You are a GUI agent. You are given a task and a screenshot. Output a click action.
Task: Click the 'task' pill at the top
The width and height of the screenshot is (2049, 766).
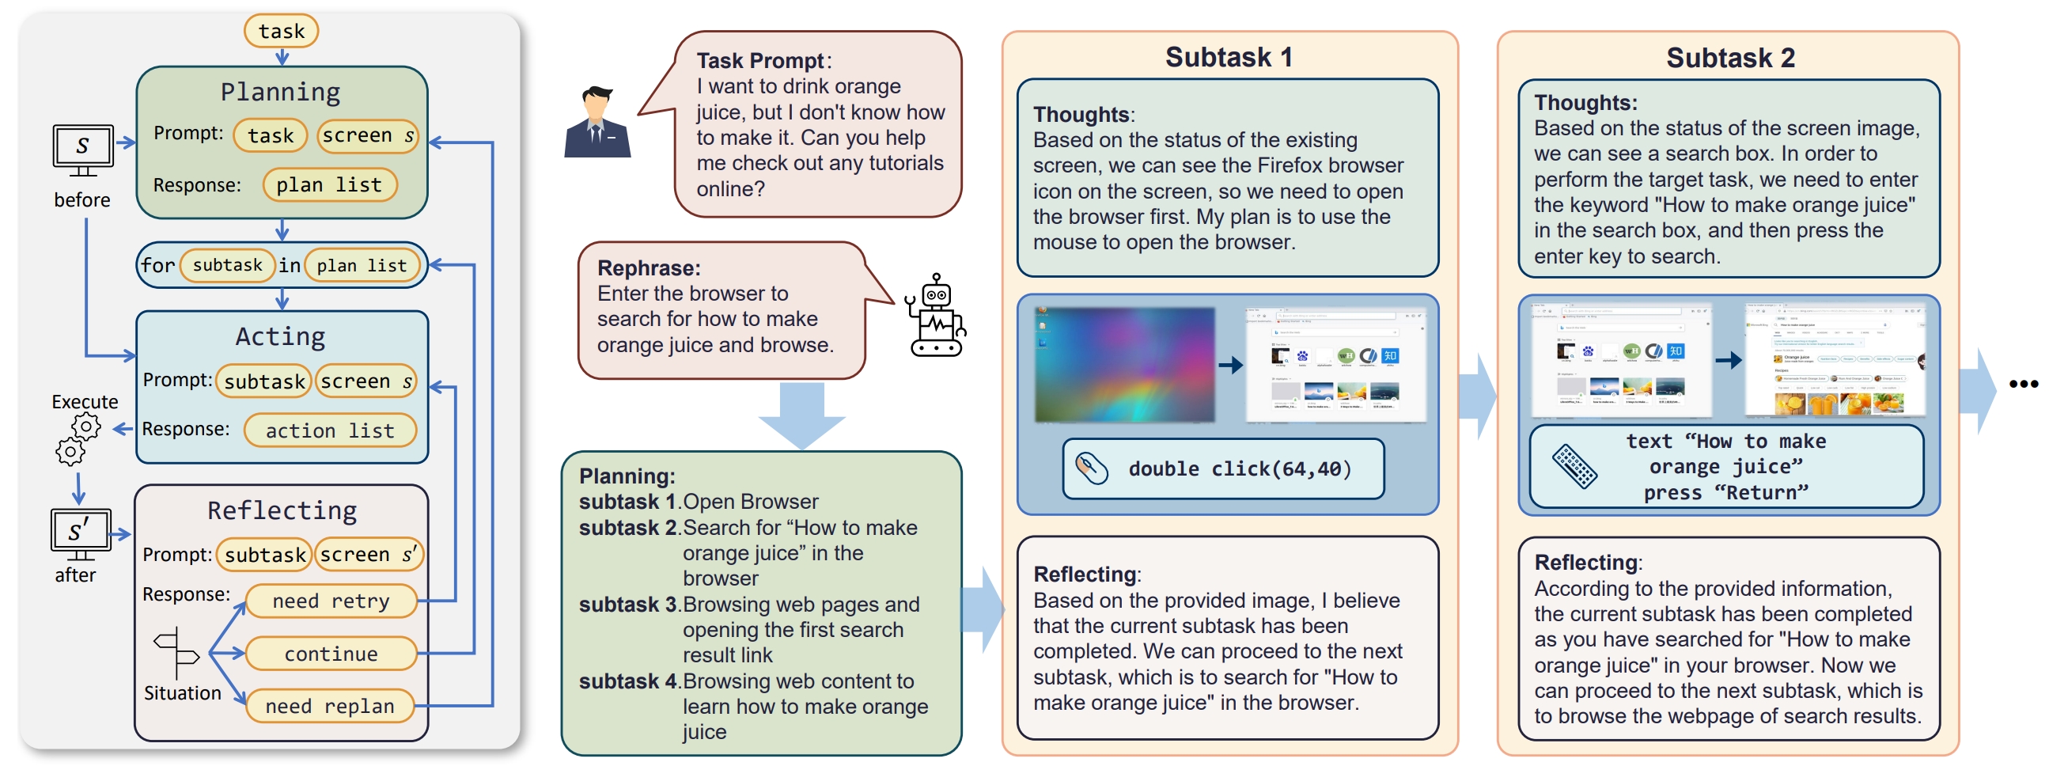point(281,31)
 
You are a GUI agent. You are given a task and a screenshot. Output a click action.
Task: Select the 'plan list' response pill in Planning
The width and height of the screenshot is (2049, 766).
point(328,184)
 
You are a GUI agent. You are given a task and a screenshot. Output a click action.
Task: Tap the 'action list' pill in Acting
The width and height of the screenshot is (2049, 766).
point(329,430)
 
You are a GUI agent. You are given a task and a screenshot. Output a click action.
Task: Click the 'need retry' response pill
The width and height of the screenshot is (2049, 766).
point(331,601)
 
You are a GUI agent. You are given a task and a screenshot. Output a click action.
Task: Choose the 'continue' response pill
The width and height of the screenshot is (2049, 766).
point(331,654)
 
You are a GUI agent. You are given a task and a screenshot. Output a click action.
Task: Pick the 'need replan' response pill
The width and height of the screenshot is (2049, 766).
point(329,707)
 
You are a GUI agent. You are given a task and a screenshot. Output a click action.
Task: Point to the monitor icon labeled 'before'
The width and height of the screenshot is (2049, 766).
point(83,150)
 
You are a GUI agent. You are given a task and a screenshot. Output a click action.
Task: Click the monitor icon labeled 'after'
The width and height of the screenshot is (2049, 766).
point(80,533)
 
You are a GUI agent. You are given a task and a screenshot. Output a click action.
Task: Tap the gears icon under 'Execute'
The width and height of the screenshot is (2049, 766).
point(78,439)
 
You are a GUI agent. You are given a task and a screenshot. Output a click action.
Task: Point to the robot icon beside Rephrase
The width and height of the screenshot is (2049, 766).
point(935,317)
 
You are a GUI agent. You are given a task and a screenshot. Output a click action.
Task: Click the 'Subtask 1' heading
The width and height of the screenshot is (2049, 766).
point(1228,57)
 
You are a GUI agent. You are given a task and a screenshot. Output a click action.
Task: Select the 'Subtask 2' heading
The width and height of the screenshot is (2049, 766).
point(1730,58)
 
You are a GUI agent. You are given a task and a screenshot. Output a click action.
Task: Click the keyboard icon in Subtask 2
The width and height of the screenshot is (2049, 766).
point(1574,466)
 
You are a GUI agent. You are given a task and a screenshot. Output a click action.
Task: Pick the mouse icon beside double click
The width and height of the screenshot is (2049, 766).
point(1091,468)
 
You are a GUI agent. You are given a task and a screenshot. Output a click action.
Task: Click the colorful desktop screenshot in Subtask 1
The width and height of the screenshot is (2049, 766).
point(1124,365)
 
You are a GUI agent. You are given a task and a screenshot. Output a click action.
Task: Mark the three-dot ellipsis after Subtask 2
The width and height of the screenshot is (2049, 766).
point(2023,385)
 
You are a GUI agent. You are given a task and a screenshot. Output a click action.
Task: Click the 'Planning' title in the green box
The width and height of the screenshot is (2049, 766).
point(280,93)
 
